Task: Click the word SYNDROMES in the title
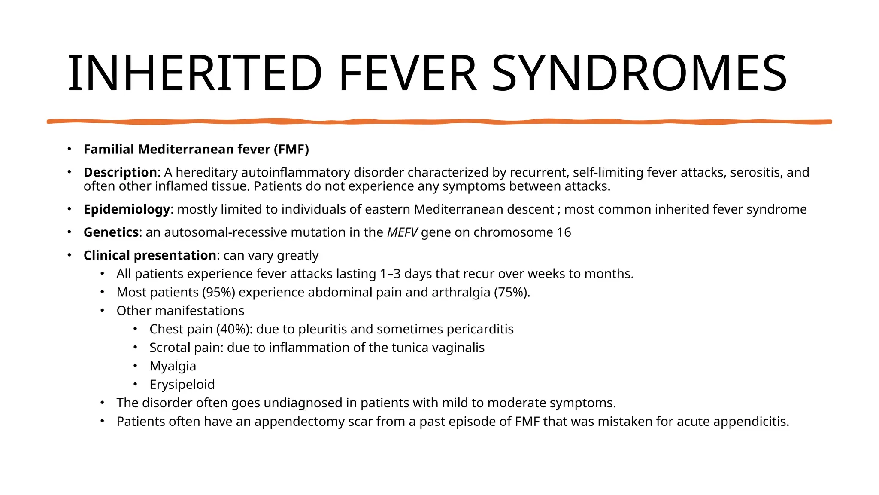coord(640,73)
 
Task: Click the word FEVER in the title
coord(407,73)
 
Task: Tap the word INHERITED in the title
coord(195,73)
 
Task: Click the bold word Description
coord(120,172)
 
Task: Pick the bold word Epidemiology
coord(127,209)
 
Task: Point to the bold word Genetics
coord(111,232)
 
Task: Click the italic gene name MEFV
coord(402,232)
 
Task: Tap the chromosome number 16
coord(564,232)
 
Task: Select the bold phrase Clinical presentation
coord(150,255)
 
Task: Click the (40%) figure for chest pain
coord(234,329)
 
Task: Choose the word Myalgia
coord(173,366)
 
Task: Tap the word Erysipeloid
coord(182,385)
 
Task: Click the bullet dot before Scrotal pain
coord(135,347)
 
